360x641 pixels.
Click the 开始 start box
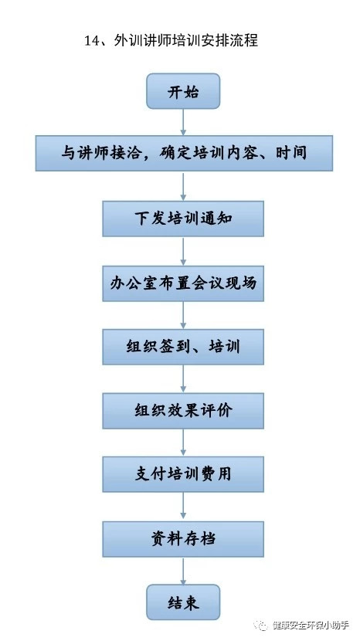pos(183,91)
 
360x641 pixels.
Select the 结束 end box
pos(183,602)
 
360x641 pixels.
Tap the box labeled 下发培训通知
pos(183,219)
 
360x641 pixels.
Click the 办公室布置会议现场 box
pos(183,283)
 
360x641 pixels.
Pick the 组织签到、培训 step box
pos(183,347)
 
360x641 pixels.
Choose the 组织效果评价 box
pos(183,411)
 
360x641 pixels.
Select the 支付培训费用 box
pos(183,474)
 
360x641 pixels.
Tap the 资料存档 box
pos(183,539)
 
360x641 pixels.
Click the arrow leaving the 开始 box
pos(183,122)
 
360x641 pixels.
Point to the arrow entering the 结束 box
pos(183,571)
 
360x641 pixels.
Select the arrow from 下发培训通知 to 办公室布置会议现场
pos(183,251)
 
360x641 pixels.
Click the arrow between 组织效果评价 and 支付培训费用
pos(183,443)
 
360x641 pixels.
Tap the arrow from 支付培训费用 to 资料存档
pos(183,507)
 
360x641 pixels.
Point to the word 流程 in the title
pos(244,41)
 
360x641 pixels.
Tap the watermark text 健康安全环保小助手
pos(311,626)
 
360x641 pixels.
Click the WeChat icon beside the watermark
pos(261,626)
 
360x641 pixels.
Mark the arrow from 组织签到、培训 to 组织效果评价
pos(183,379)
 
